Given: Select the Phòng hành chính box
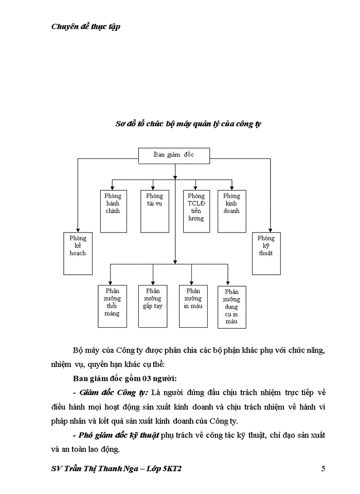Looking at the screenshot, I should pos(113,211).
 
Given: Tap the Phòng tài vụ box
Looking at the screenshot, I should pos(154,211).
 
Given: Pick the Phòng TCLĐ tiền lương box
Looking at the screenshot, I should pos(196,211).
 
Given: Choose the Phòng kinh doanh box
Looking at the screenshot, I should pos(232,211).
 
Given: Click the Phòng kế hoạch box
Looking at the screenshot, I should pos(78,253).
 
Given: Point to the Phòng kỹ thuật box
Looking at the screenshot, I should pos(266,253).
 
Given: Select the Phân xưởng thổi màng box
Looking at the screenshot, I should pos(112,306).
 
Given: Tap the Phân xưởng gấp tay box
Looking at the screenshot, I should pos(153,306).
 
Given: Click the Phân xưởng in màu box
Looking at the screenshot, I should pos(193,306).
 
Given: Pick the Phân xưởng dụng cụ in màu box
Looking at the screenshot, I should pos(231,307).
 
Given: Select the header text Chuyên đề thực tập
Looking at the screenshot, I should pos(86,27).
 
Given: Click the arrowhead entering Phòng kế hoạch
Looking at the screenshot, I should pos(78,230).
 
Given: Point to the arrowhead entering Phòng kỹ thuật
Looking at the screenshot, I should pos(270,230).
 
